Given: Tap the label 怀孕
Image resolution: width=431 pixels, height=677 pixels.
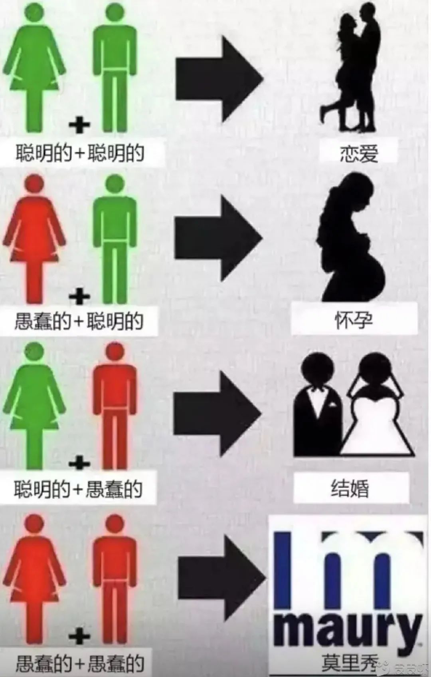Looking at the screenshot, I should (354, 321).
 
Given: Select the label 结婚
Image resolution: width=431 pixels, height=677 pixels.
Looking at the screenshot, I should (350, 488).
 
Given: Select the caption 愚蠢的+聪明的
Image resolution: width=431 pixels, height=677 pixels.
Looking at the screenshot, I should (79, 321).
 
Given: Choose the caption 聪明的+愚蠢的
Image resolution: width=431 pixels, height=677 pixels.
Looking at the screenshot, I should (78, 488).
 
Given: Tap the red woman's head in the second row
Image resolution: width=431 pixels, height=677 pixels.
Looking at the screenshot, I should (34, 184).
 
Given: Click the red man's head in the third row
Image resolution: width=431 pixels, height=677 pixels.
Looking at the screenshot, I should (115, 354).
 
